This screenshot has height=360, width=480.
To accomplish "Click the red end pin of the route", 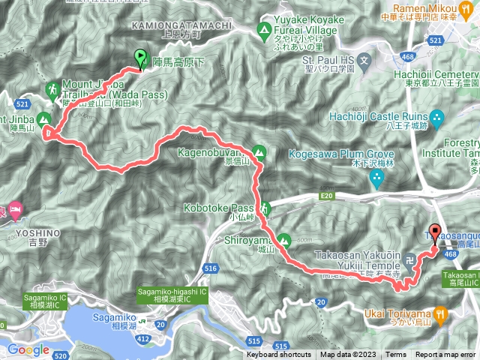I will (435, 232).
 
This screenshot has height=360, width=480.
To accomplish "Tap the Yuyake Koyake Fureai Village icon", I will (264, 31).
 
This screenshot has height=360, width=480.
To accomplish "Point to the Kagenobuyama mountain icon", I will (259, 151).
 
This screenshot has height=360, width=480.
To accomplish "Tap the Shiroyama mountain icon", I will (283, 241).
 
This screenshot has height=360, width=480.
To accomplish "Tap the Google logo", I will (28, 349).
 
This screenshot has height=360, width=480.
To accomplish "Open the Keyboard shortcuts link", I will (278, 355).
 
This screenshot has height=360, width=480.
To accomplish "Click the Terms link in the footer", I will (396, 355).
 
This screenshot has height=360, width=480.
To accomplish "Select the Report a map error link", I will (445, 355).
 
